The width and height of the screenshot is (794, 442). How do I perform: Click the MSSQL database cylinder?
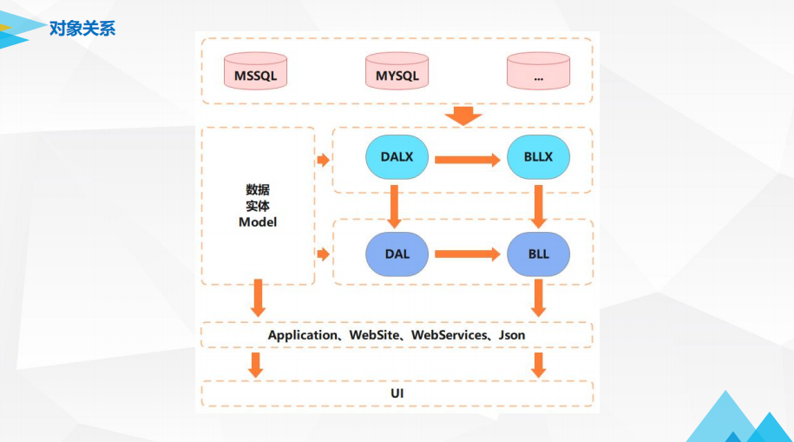click(x=255, y=71)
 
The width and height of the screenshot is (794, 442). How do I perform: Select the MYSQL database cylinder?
click(x=397, y=71)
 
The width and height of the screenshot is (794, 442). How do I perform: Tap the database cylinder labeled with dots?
click(x=538, y=71)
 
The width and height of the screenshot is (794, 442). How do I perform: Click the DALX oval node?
click(x=397, y=156)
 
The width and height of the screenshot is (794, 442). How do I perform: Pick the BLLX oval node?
click(x=538, y=156)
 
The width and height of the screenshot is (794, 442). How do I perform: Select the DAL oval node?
click(x=397, y=254)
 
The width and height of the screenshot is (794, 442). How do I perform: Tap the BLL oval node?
click(x=538, y=254)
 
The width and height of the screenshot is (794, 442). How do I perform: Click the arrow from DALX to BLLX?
click(x=468, y=160)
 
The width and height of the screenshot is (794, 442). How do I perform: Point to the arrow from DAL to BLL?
click(x=468, y=254)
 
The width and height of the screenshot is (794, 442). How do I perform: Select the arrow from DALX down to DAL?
click(x=394, y=207)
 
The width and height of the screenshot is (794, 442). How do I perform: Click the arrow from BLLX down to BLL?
click(x=538, y=207)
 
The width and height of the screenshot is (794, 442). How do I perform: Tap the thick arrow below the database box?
click(x=463, y=115)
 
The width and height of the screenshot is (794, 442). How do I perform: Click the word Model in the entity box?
click(x=258, y=222)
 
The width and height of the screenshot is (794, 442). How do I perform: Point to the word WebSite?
click(x=374, y=335)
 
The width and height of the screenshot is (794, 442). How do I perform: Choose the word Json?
click(x=512, y=335)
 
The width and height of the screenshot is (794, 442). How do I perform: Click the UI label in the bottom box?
click(x=397, y=393)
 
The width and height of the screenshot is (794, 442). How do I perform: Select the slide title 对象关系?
click(x=82, y=29)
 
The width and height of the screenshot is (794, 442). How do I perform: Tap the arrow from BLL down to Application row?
click(x=538, y=298)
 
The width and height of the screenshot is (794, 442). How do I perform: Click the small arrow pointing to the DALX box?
click(x=324, y=160)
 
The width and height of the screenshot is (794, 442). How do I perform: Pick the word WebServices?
click(x=449, y=335)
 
